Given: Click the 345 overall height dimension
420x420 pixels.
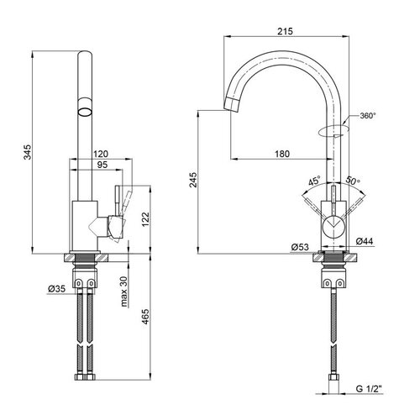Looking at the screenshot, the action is (x=28, y=152).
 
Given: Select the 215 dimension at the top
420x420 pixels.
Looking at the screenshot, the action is (x=285, y=31).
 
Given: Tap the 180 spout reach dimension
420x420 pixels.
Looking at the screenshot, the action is (x=282, y=154).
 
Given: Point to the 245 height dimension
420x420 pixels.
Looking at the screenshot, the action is (x=193, y=180).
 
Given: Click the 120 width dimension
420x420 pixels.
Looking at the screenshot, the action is (x=101, y=154).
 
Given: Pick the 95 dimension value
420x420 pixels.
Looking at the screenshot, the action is (x=102, y=165).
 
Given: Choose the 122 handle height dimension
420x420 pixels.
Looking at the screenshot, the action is (x=145, y=220).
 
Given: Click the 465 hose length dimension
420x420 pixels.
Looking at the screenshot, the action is (x=145, y=317).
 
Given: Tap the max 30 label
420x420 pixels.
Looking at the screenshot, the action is (x=123, y=291).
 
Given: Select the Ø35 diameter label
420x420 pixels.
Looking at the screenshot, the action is (x=57, y=288).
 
